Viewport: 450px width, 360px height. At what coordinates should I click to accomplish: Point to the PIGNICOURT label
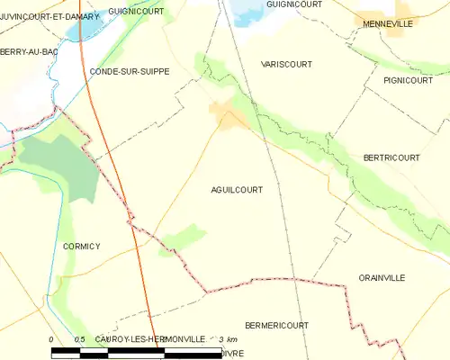pos(408,80)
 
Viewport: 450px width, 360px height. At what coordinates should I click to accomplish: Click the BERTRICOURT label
pos(391,157)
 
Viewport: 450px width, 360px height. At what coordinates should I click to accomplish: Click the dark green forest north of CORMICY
pos(58,166)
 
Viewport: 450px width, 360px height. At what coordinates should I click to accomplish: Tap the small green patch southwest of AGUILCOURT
pos(184,238)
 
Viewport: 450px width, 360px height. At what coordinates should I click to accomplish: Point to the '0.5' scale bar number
pos(80,338)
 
